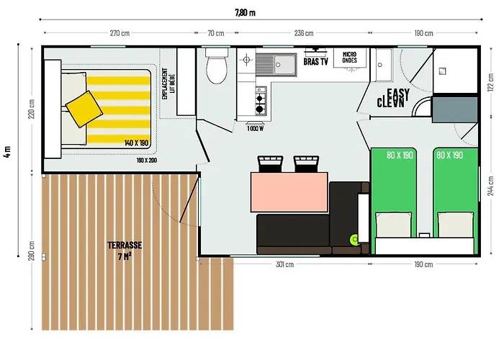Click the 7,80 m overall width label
point(246,12)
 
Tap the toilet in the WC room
point(217,66)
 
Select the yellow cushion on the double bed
point(84,109)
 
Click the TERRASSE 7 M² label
point(125,251)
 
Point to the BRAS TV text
point(315,62)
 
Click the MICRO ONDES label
point(349,57)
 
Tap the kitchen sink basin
point(284,65)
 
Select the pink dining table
point(289,192)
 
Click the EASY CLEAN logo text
point(393,98)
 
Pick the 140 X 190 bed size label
point(136,143)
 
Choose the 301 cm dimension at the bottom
point(285,264)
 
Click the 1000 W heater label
point(255,129)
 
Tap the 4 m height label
point(7,151)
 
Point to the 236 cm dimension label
point(304,33)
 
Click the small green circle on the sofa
point(354,240)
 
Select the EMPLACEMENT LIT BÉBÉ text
point(168,84)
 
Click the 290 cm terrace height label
point(31,251)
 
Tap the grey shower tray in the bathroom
point(454,109)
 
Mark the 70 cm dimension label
point(216,33)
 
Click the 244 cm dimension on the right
point(491,186)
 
